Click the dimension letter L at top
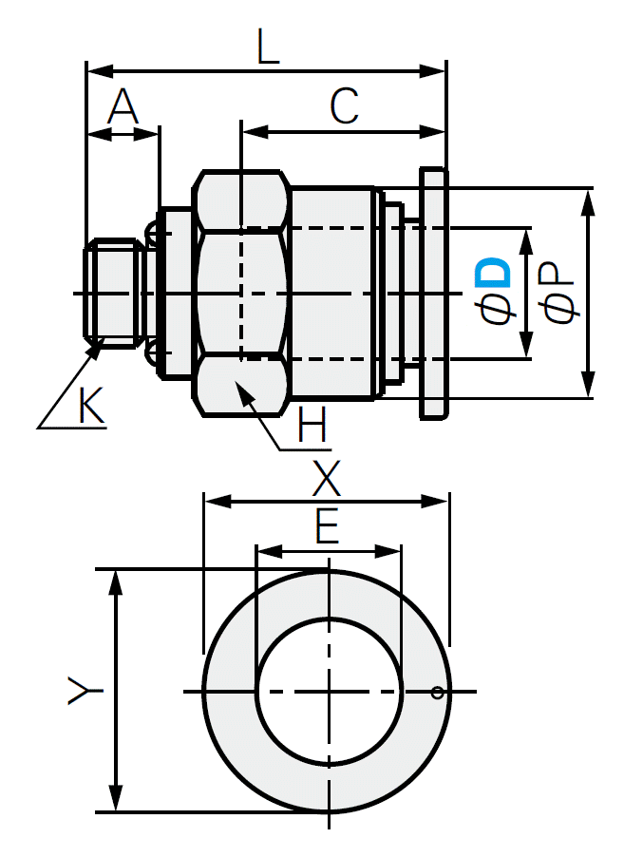pos(269,48)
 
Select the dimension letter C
pos(344,106)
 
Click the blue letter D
pos(495,274)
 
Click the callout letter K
pos(91,408)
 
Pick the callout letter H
pos(312,425)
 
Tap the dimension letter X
pos(327,482)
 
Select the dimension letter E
pos(327,528)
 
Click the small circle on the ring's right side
pos(437,692)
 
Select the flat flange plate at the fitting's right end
pos(433,293)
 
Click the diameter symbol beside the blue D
pos(496,309)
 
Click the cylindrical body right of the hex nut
pos(332,293)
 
